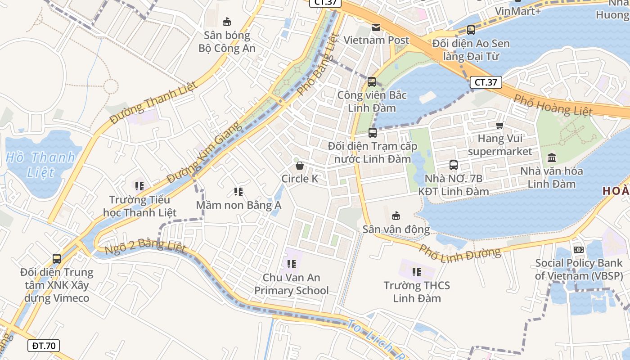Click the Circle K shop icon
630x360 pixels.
(300, 166)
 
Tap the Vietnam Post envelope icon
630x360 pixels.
(376, 27)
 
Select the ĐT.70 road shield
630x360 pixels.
(44, 346)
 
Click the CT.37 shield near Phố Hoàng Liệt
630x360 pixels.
(486, 82)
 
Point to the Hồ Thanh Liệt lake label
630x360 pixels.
(40, 165)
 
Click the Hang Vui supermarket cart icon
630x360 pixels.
(499, 125)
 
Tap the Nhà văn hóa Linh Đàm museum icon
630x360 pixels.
(552, 157)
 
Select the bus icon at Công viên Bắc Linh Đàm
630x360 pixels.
(372, 82)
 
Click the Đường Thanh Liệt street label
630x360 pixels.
(153, 103)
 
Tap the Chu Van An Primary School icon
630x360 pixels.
(292, 264)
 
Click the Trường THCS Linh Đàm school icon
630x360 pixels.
(417, 272)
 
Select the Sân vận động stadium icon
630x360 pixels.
(396, 216)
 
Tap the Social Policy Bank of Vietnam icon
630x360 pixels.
(578, 249)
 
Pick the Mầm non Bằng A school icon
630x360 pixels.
(238, 192)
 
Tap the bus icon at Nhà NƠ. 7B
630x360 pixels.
(454, 165)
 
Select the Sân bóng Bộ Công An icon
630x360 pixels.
(227, 22)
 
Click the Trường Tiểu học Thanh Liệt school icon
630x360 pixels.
(139, 186)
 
